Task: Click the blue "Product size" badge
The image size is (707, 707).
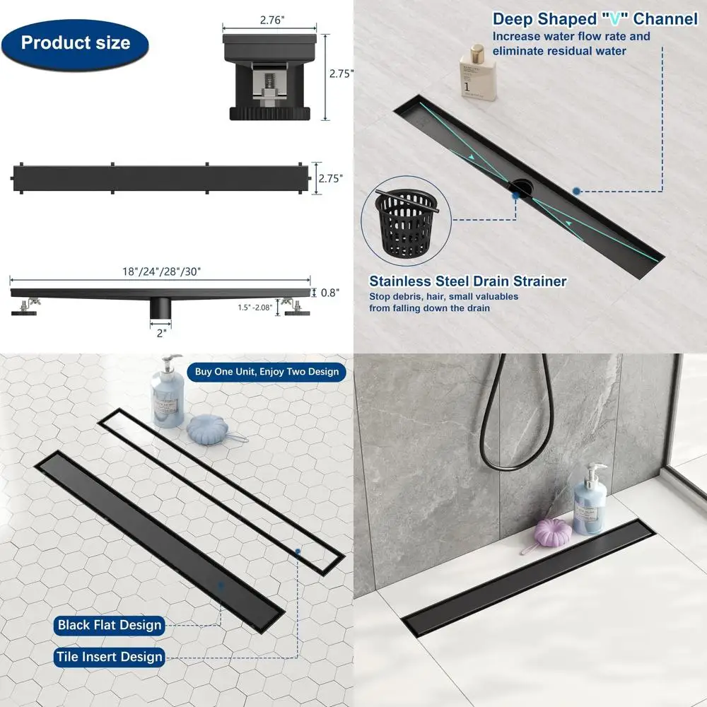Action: coord(76,42)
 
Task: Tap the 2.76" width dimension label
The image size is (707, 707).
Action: coord(271,21)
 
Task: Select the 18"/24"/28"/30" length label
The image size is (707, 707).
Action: coord(160,271)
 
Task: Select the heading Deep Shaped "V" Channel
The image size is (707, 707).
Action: coord(595,19)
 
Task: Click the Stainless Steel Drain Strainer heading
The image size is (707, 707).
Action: coord(468,281)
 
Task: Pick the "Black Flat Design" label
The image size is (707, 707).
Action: coord(110,624)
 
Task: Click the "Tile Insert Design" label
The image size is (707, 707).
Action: coord(110,657)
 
